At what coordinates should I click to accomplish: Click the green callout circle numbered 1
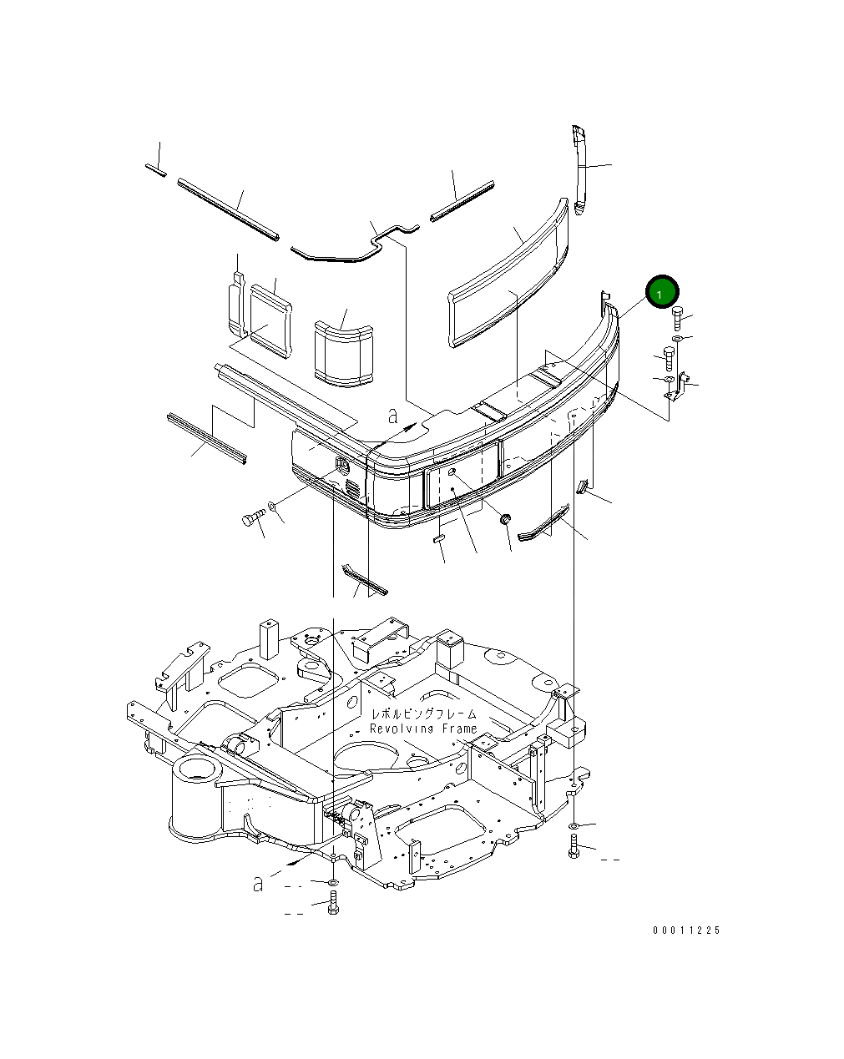[x=661, y=293]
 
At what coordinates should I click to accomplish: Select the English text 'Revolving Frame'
[x=423, y=729]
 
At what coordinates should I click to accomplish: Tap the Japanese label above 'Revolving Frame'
[x=424, y=714]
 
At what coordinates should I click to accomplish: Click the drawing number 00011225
[x=686, y=930]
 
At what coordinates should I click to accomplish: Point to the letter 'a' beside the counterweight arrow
[x=392, y=415]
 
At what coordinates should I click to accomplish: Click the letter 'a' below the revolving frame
[x=258, y=883]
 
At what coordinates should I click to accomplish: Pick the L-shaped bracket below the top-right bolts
[x=677, y=386]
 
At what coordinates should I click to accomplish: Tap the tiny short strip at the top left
[x=155, y=169]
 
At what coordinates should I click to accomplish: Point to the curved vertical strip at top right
[x=580, y=169]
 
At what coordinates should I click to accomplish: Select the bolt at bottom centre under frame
[x=333, y=903]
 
